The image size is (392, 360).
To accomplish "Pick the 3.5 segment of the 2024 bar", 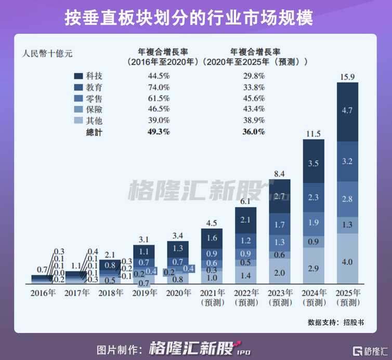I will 313,163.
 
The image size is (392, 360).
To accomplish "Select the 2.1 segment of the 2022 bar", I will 246,220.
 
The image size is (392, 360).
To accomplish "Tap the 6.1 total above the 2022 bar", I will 246,201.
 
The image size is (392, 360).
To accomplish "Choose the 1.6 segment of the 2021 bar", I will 212,238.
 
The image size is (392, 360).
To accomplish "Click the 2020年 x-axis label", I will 178,292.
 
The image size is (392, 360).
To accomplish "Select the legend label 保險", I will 95,109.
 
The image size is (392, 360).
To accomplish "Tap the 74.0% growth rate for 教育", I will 159,87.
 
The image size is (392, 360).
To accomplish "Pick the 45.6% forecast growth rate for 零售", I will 254,98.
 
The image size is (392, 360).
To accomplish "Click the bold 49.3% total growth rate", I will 159,132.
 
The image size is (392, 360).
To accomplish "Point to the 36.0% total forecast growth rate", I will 254,132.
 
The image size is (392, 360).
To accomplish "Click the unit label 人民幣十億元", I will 47,52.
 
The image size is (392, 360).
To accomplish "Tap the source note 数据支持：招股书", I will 335,322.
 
